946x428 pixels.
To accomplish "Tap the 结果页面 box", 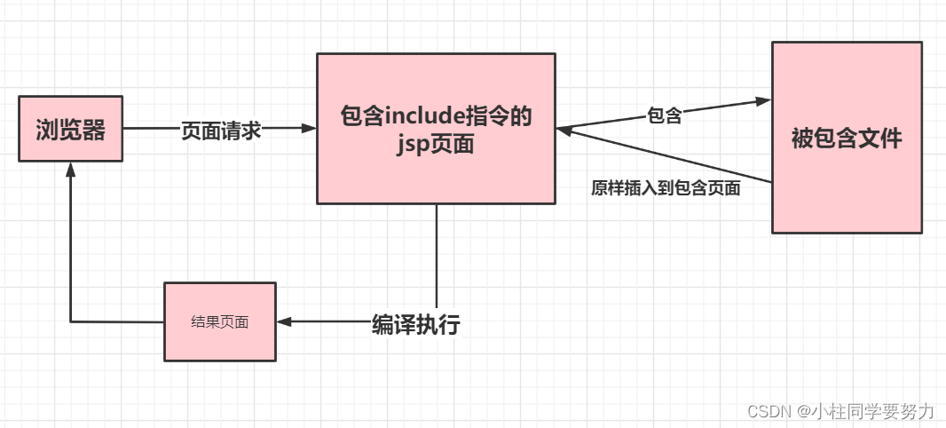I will coord(220,321).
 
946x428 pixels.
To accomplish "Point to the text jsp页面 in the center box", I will coord(436,145).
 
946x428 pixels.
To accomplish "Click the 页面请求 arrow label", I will coord(221,130).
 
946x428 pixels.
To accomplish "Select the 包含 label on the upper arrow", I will coord(665,115).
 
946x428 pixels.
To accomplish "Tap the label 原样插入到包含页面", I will coord(666,188).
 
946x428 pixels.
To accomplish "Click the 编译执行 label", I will coord(415,324).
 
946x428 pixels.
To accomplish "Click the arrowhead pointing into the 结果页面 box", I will coord(284,322).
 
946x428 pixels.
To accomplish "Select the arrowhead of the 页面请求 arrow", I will coord(310,129).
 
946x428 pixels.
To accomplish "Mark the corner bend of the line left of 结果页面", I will coord(71,321).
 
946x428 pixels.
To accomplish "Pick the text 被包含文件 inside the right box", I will coord(846,139).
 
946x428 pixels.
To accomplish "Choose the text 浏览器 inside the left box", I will coord(71,131).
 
